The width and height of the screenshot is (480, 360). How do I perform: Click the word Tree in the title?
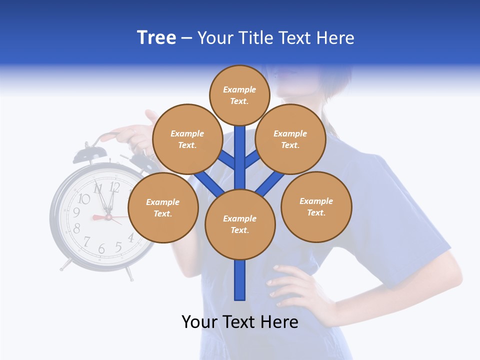156,38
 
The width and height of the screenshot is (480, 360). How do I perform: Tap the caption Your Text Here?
240,322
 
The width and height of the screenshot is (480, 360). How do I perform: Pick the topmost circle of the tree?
239,95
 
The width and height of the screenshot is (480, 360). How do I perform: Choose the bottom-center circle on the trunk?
240,224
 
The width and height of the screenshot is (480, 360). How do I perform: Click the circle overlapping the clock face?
163,208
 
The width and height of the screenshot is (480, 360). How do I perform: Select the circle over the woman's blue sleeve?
316,207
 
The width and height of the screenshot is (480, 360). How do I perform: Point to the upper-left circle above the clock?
187,139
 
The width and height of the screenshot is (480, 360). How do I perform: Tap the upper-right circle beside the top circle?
290,139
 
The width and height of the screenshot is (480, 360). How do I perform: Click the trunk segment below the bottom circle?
240,280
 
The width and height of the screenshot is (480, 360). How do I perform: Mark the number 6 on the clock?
102,248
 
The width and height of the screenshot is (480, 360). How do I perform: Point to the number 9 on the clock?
76,212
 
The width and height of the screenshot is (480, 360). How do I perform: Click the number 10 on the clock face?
84,199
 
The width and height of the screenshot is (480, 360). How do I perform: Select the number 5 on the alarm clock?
118,246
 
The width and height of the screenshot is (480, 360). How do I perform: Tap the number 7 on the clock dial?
87,242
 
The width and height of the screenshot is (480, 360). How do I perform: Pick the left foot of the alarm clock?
64,265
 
